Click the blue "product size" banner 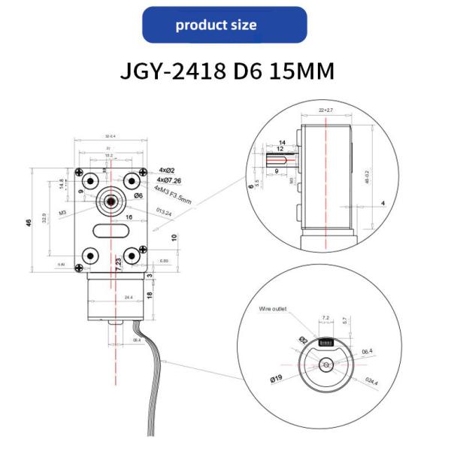click(x=225, y=25)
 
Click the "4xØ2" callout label click(x=168, y=171)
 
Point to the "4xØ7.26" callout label click(x=172, y=181)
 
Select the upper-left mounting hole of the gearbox click(x=89, y=180)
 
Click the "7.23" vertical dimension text click(x=118, y=266)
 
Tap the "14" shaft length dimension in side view click(x=282, y=142)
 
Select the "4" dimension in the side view click(x=383, y=202)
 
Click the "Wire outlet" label click(x=274, y=308)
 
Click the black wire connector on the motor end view click(x=328, y=341)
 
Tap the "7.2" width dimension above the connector click(x=325, y=318)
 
